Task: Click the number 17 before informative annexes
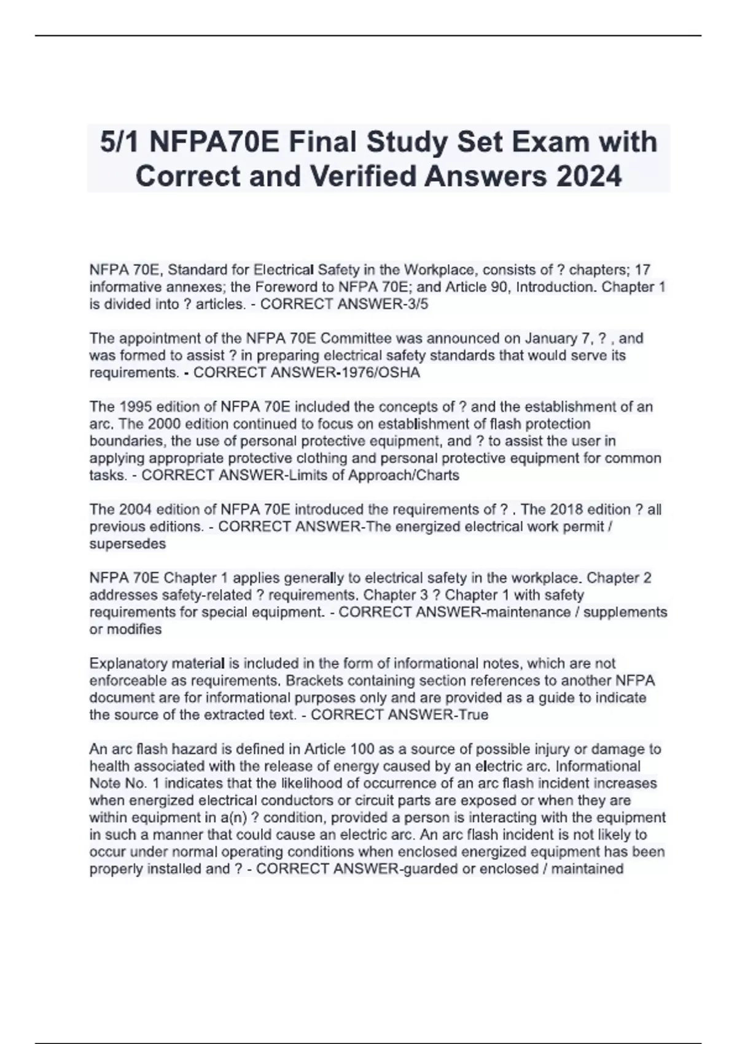point(642,270)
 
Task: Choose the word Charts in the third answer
point(437,475)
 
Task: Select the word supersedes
point(128,544)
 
